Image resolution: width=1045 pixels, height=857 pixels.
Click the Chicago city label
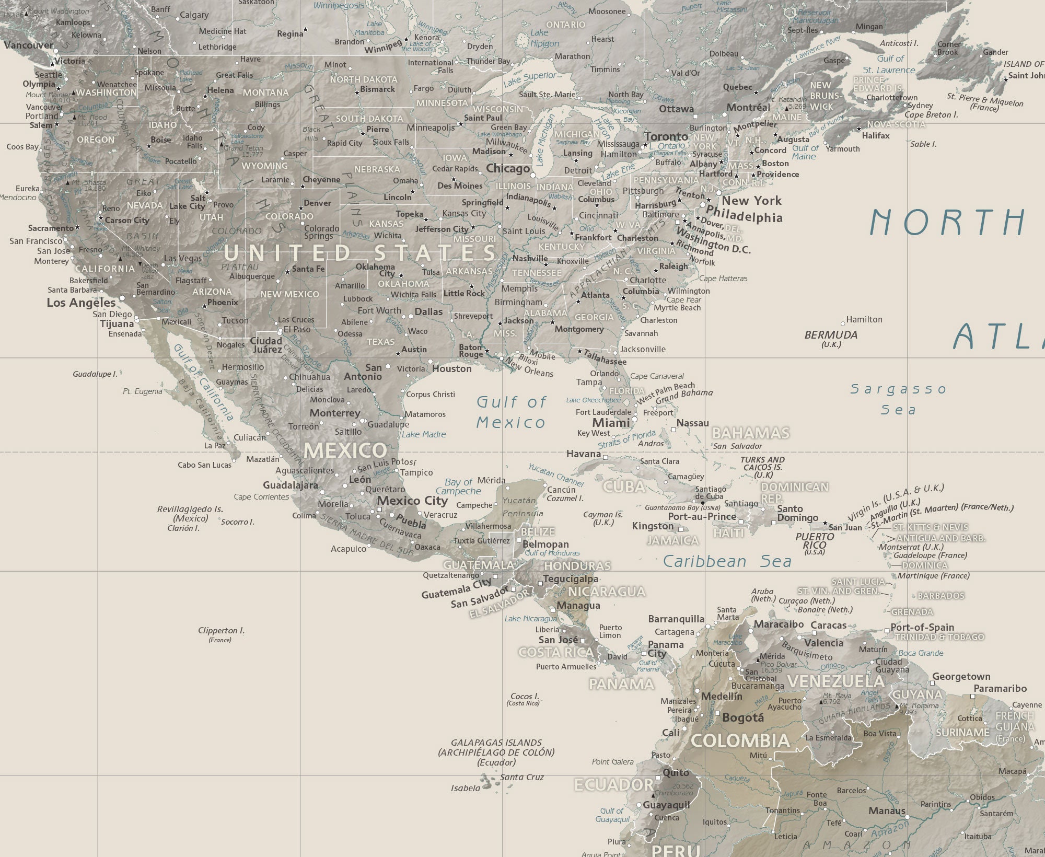click(x=507, y=169)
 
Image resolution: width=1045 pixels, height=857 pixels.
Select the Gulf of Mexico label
click(x=511, y=412)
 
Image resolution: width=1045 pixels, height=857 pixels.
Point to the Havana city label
click(x=583, y=454)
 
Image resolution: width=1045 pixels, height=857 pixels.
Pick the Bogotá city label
click(x=742, y=718)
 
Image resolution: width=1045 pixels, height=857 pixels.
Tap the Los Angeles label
click(x=81, y=303)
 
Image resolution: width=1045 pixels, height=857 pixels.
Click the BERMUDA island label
click(x=831, y=335)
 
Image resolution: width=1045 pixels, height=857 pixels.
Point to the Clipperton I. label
click(x=221, y=631)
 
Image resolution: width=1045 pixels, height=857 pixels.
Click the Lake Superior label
click(x=529, y=79)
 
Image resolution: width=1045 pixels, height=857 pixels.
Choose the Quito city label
click(x=676, y=772)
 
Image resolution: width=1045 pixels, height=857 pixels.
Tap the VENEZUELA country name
click(x=835, y=681)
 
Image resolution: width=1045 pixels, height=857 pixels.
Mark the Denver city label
click(x=317, y=203)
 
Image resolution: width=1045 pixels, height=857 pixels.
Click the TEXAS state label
click(x=380, y=342)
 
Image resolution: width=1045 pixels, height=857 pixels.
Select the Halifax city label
click(x=875, y=136)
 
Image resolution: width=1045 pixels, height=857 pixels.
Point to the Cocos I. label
click(x=524, y=697)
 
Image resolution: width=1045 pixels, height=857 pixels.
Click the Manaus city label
click(x=887, y=811)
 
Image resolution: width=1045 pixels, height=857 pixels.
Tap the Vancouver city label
click(x=29, y=45)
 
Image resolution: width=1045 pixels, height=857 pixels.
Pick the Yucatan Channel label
click(x=555, y=473)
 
